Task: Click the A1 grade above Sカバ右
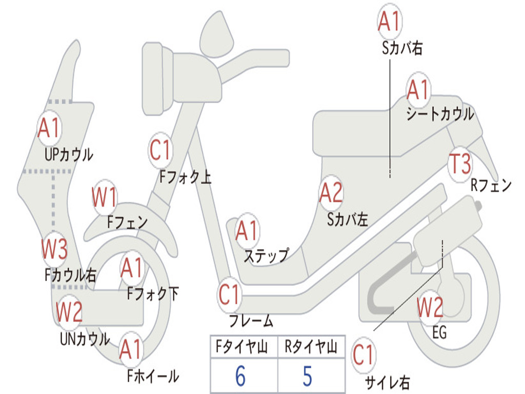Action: pyautogui.click(x=389, y=22)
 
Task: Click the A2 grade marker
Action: pyautogui.click(x=331, y=193)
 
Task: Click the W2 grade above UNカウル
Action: pyautogui.click(x=69, y=311)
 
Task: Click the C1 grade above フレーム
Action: pyautogui.click(x=229, y=295)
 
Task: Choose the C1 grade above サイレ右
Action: pyautogui.click(x=363, y=356)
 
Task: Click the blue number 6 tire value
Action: pyautogui.click(x=240, y=376)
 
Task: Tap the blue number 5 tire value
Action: pyautogui.click(x=307, y=376)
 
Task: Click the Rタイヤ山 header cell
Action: pyautogui.click(x=311, y=348)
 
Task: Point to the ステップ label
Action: pyautogui.click(x=266, y=255)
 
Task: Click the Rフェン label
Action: pyautogui.click(x=491, y=185)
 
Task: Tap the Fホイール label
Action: pyautogui.click(x=153, y=377)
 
